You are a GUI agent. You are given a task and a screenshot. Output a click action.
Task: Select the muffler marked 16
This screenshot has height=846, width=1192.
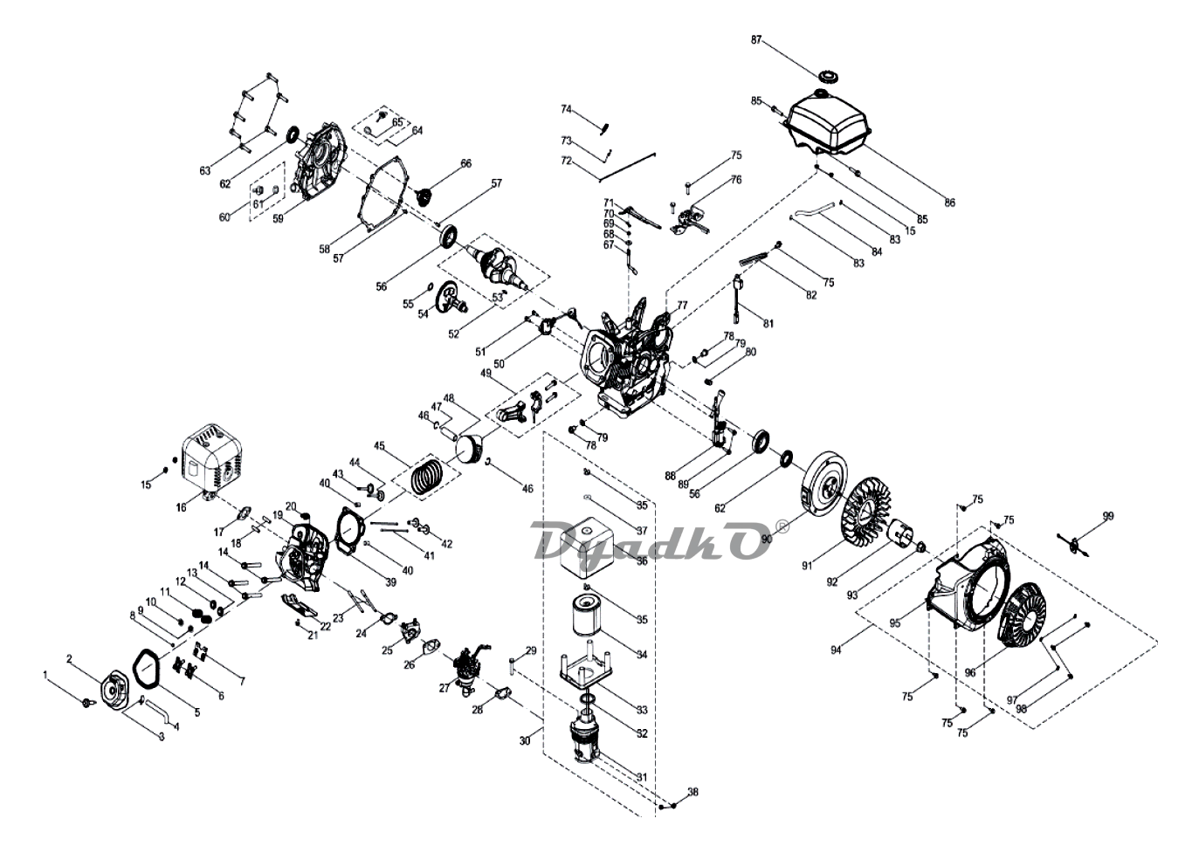(210, 459)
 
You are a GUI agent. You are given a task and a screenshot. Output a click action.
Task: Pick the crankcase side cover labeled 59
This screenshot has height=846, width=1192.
(319, 157)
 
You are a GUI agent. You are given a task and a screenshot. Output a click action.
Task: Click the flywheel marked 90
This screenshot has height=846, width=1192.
(822, 494)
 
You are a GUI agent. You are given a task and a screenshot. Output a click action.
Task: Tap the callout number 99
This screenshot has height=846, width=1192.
(1108, 517)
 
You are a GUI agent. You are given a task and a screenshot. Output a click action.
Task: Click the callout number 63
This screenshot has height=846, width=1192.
(205, 171)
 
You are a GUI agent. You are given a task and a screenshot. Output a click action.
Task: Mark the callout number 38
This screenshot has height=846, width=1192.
(693, 793)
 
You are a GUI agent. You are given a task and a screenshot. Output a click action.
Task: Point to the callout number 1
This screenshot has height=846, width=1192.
(45, 675)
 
